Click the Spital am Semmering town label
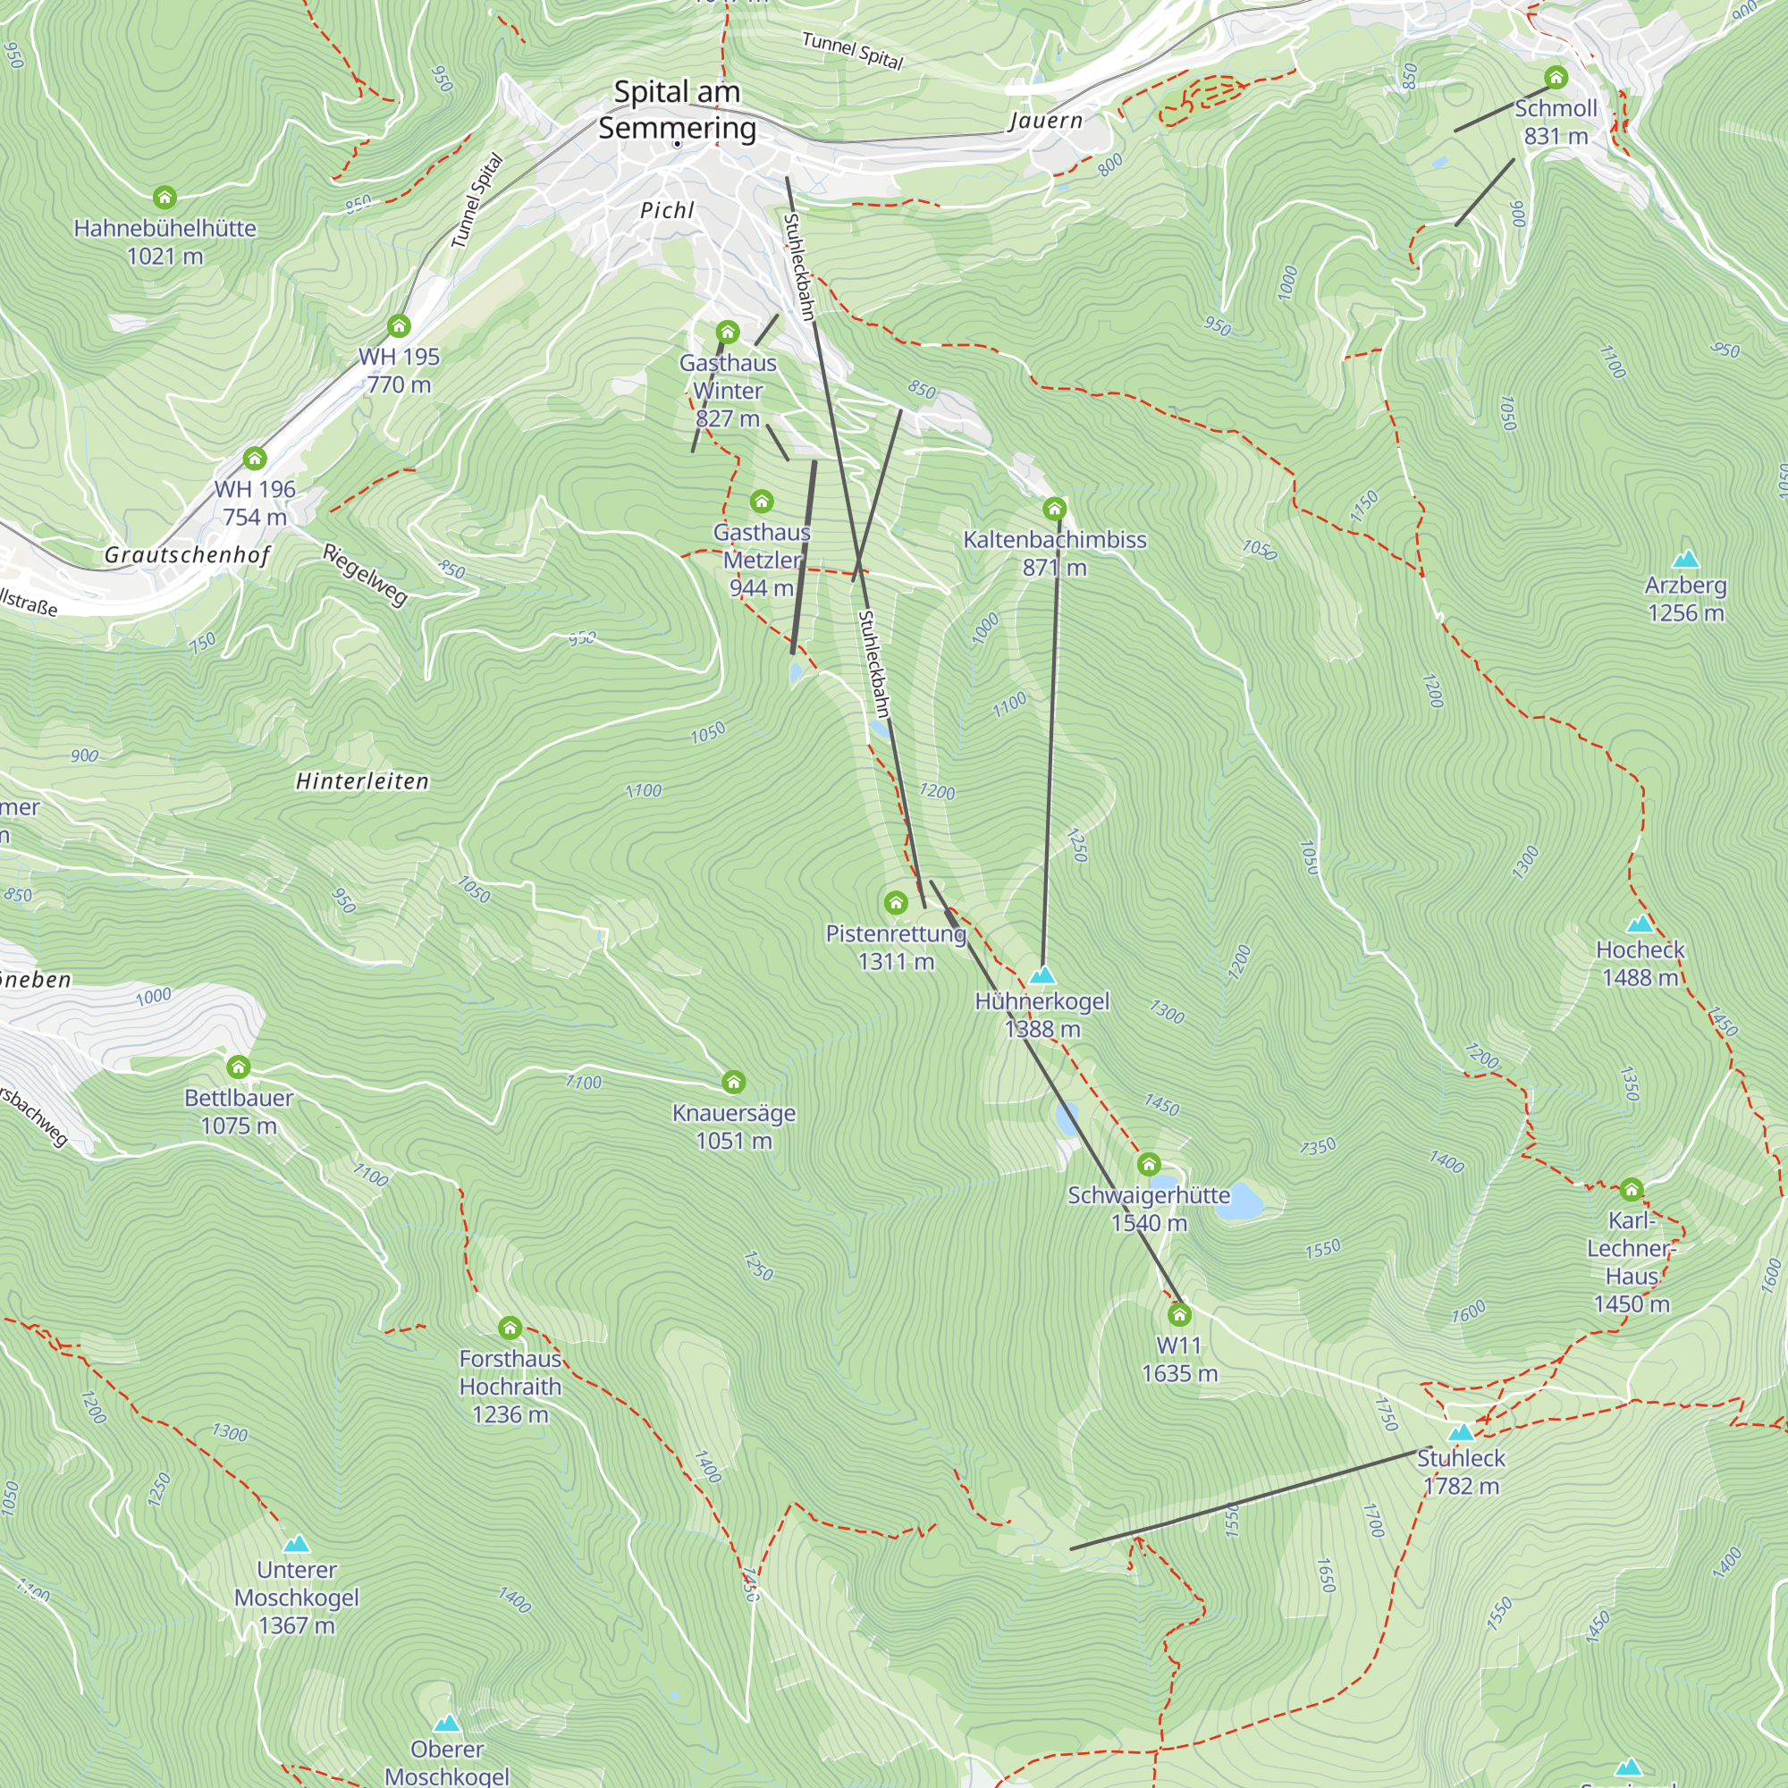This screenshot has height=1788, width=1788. point(677,109)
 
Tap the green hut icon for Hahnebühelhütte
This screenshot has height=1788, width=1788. point(164,197)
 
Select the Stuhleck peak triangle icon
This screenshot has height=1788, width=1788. point(1461,1432)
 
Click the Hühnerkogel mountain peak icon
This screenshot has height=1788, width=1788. point(1042,975)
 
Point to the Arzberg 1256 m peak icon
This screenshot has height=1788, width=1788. point(1685,559)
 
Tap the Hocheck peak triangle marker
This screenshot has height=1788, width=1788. point(1640,924)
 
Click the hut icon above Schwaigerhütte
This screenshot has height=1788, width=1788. point(1149,1163)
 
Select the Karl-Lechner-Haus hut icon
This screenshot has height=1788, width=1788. point(1632,1189)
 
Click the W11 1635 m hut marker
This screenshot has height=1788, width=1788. point(1179,1314)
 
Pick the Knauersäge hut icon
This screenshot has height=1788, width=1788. point(734,1082)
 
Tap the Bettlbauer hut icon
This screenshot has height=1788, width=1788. point(239,1067)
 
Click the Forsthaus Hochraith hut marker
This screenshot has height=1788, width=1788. point(510,1328)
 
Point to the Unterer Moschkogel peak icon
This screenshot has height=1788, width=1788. point(296,1544)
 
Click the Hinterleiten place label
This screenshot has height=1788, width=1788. point(362,782)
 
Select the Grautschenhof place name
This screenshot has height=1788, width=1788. point(187,555)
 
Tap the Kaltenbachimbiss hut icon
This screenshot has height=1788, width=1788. point(1054,508)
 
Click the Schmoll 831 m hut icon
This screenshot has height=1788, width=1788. point(1556,77)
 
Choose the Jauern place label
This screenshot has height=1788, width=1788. point(1045,121)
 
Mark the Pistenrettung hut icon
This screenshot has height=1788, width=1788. point(895,902)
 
